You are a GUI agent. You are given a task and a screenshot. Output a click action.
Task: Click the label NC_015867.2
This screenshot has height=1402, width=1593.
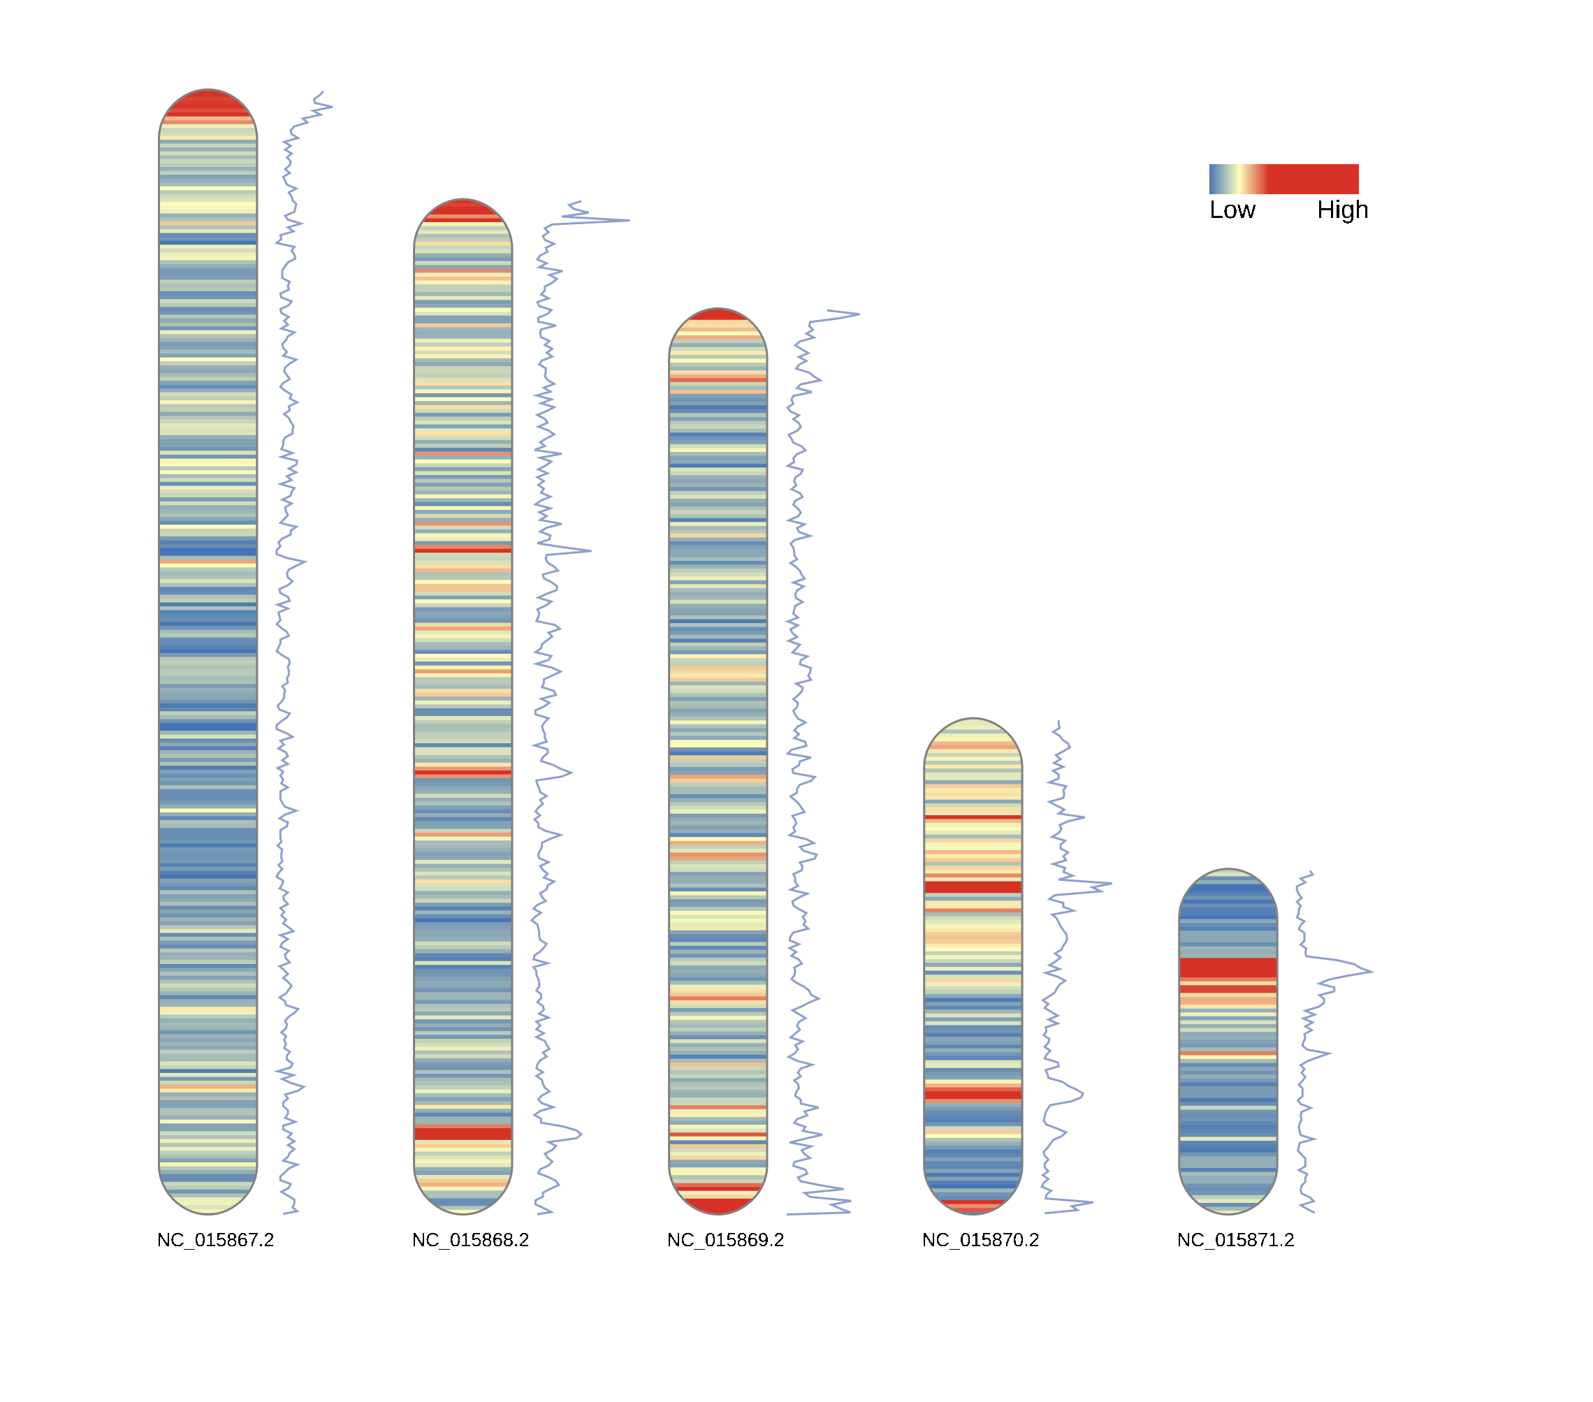[x=216, y=1240]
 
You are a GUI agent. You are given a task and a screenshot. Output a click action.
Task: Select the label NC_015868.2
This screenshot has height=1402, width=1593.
[x=471, y=1240]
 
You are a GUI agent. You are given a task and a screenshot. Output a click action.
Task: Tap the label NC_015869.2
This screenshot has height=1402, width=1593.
[x=725, y=1240]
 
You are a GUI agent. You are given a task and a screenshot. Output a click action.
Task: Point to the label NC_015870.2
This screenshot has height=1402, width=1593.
[x=980, y=1240]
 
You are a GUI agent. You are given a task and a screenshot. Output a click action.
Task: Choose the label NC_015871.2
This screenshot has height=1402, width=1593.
[x=1235, y=1240]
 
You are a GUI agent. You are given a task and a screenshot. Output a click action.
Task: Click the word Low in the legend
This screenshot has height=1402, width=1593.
[x=1232, y=210]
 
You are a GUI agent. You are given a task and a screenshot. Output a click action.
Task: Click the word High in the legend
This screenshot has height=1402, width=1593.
[x=1342, y=210]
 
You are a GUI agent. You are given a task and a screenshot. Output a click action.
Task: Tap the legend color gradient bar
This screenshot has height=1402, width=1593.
[x=1283, y=178]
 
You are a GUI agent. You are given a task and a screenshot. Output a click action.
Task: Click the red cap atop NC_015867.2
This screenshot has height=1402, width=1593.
[x=208, y=104]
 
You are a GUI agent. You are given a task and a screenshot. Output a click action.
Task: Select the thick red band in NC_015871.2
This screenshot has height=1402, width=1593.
[x=1228, y=968]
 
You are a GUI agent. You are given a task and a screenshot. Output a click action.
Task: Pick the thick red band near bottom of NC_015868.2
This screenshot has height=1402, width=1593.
[x=463, y=1133]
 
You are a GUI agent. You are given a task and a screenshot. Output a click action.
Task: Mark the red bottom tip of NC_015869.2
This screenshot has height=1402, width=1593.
[x=718, y=1205]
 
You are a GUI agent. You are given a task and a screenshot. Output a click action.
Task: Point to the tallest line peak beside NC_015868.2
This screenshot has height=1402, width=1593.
[x=628, y=221]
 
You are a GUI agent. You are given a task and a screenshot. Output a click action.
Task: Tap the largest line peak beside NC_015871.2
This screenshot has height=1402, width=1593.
[x=1371, y=972]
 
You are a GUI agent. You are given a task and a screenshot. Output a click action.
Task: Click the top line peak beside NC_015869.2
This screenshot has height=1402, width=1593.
[x=858, y=314]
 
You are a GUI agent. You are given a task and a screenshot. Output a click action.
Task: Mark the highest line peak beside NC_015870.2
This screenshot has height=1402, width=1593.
[x=1111, y=884]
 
